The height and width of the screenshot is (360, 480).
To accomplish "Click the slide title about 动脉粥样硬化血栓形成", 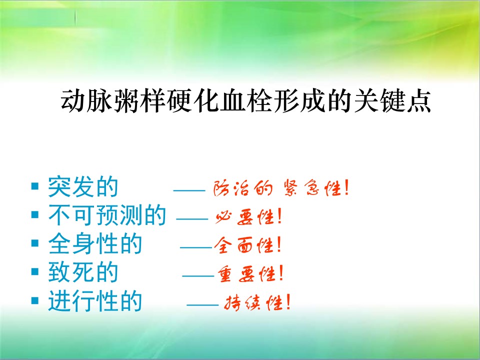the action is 246,100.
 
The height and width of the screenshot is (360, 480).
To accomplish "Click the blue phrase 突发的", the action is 83,186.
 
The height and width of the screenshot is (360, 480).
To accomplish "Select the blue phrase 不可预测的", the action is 107,215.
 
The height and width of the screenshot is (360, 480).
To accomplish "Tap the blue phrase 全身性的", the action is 95,243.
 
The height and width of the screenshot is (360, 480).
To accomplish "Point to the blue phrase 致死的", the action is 83,272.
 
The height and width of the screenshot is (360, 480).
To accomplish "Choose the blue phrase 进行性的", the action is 95,300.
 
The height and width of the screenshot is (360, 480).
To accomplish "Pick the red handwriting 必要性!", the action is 248,216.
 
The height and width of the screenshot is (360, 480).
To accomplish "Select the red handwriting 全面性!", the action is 247,245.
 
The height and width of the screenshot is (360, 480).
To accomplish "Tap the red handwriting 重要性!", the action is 250,273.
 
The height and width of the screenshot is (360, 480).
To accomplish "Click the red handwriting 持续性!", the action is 257,302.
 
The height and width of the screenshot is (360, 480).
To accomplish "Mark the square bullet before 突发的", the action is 35,186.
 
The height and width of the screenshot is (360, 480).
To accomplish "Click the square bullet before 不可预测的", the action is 35,214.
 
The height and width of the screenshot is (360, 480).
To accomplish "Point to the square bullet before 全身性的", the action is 35,243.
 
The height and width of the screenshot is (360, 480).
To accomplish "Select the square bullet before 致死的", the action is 35,271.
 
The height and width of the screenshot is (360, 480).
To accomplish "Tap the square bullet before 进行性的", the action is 35,300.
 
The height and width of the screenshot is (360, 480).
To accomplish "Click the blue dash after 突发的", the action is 189,190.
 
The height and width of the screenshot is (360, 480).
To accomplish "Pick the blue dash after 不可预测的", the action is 192,219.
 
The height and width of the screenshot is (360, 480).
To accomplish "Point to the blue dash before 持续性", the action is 202,305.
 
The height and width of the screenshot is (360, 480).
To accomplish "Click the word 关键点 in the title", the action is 392,100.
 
